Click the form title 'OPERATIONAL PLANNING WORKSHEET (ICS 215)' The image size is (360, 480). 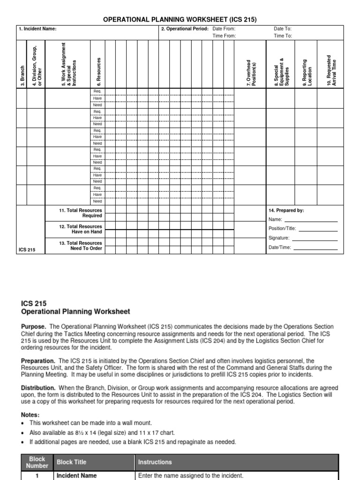click(180, 19)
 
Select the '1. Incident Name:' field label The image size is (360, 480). click(37, 29)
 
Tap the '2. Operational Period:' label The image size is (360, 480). click(185, 29)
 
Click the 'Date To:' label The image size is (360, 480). click(283, 29)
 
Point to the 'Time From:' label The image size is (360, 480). click(225, 36)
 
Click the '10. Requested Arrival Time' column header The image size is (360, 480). click(331, 70)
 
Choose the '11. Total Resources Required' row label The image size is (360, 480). click(81, 213)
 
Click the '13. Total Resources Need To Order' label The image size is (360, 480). click(81, 246)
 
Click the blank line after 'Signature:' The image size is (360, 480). click(314, 240)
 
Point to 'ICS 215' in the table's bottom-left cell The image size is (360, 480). click(27, 249)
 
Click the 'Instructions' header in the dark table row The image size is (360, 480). click(155, 462)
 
